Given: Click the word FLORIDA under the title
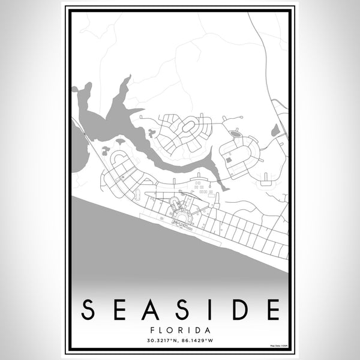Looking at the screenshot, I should (x=180, y=330).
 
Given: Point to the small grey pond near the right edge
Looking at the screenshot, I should (x=275, y=130).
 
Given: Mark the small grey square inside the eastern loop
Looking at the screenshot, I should (x=229, y=160).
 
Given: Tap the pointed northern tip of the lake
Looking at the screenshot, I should (x=128, y=77).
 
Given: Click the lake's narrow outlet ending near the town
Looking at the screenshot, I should (x=224, y=187).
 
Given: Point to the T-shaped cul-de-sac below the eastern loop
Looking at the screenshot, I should (x=266, y=178).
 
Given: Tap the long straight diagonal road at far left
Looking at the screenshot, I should (x=84, y=135).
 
